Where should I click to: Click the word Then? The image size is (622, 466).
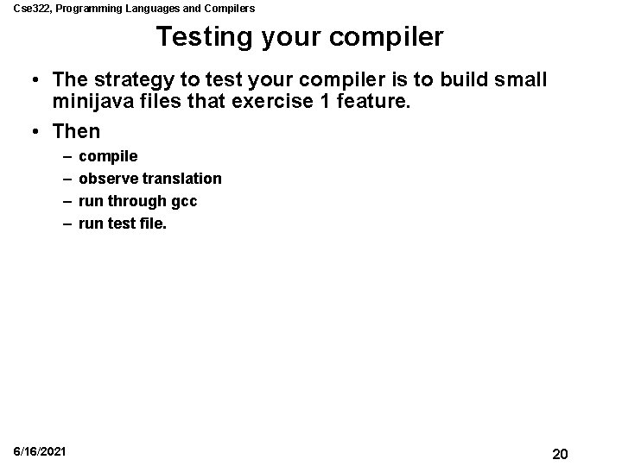click(76, 132)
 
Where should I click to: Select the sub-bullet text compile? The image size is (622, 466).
click(108, 156)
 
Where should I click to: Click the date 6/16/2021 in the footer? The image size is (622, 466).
click(39, 453)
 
